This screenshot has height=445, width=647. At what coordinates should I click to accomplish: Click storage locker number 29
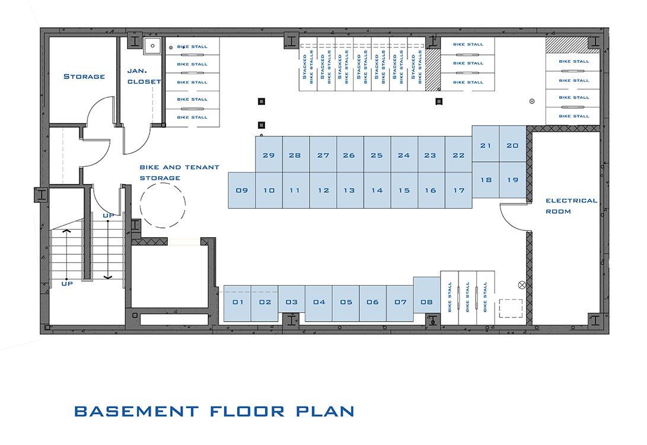click(269, 154)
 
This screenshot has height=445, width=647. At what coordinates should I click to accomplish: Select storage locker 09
click(242, 190)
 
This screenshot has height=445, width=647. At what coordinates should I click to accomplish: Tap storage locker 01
click(237, 303)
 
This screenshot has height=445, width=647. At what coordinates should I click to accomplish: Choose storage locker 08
click(426, 295)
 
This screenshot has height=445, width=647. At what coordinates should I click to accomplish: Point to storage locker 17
click(458, 190)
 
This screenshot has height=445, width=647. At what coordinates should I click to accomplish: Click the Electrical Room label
click(572, 206)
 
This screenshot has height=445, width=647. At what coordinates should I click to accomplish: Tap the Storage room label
click(84, 77)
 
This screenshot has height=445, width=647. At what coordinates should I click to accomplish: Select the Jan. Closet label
click(144, 77)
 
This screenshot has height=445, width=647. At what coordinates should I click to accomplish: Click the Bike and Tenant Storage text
click(180, 173)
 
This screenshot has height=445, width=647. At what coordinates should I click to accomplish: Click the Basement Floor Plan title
click(214, 411)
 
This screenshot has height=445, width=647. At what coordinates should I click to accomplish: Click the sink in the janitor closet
click(152, 46)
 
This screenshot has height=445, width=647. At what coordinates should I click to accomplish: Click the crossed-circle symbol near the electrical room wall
click(522, 285)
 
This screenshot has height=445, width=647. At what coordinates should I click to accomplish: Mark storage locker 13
click(350, 190)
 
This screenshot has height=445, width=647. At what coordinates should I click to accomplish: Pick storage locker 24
click(404, 154)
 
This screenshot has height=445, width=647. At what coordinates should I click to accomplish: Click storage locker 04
click(318, 303)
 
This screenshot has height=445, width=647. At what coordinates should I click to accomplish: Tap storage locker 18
click(486, 180)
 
